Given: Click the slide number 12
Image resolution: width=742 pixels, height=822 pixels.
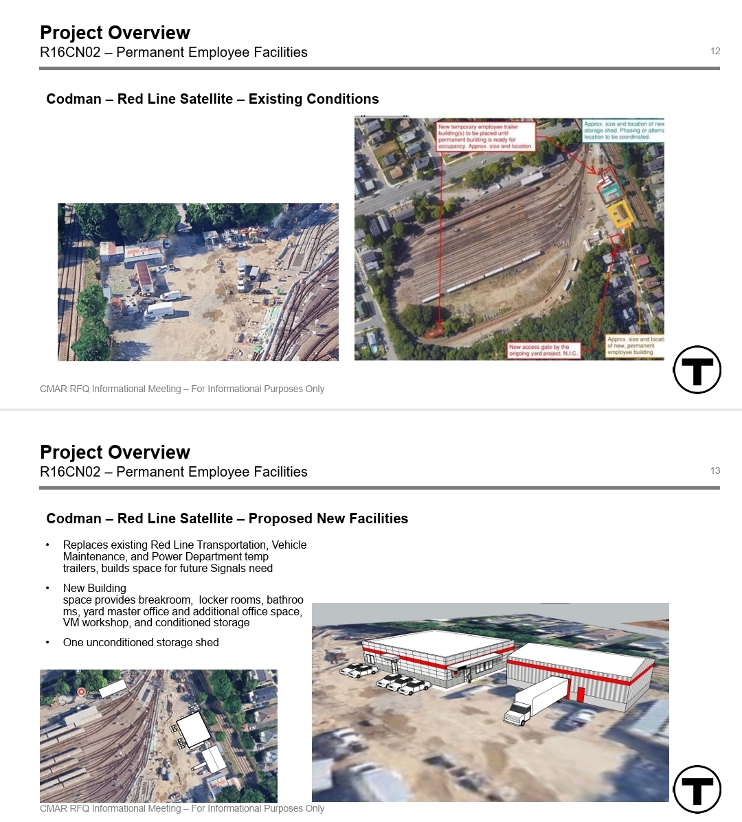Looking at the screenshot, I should pos(715,51).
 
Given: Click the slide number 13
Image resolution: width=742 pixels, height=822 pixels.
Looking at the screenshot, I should pos(715,470).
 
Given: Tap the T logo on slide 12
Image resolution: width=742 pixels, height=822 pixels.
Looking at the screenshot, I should pos(697,369).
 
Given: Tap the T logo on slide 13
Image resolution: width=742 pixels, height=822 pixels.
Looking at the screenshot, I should pos(697,789).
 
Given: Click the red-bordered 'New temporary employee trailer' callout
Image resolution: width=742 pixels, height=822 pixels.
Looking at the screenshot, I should pos(486,136).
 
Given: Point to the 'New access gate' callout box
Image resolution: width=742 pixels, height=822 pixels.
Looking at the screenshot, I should pos(543,350).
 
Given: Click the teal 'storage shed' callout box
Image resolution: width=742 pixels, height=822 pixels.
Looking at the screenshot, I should pos(623,130).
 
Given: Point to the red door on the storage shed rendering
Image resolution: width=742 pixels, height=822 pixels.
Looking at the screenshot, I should pos(580,694).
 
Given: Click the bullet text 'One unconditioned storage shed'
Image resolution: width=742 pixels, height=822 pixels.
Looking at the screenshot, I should pos(141,642).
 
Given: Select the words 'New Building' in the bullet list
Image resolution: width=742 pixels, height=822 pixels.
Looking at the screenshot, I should pos(95,588).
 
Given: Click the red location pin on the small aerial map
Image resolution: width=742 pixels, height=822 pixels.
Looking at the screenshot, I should pos(81,692).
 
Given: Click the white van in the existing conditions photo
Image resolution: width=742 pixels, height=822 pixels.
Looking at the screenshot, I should pos(159,310).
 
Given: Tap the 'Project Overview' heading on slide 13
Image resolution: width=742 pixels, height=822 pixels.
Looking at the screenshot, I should pos(115,452).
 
